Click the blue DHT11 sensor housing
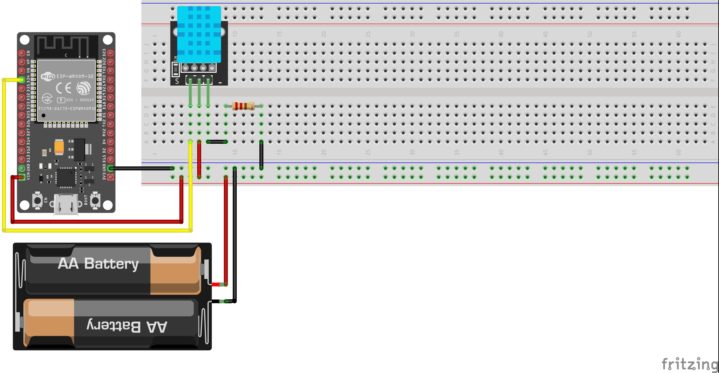coord(199,34)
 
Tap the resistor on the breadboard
coord(243,106)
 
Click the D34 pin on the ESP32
coord(22,80)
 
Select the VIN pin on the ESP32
coord(22,177)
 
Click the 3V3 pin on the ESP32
coord(111,177)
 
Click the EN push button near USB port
coord(38,200)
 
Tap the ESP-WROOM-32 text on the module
coord(75,76)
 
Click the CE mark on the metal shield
coord(64,88)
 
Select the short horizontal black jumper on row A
coord(217,142)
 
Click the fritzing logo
coord(689,364)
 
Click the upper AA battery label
coord(98,264)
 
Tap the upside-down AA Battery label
coord(127,326)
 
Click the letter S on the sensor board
coord(177,81)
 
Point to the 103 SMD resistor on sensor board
coord(175,69)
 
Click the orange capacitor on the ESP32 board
coord(59,147)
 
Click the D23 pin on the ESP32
coord(111,53)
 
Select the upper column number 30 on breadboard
coord(413,34)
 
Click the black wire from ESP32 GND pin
coord(142,168)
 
